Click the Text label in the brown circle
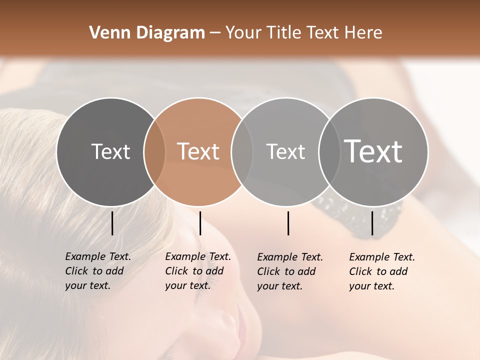pyautogui.click(x=198, y=151)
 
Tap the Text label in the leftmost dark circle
pyautogui.click(x=110, y=151)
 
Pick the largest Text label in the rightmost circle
pyautogui.click(x=373, y=151)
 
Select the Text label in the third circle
pyautogui.click(x=285, y=151)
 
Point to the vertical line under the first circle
pyautogui.click(x=112, y=223)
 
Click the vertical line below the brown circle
pyautogui.click(x=200, y=223)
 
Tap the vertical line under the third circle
pyautogui.click(x=288, y=223)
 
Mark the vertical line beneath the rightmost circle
pyautogui.click(x=372, y=223)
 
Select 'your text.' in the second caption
pyautogui.click(x=187, y=285)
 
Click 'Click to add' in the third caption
pyautogui.click(x=286, y=271)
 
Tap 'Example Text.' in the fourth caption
pyautogui.click(x=382, y=257)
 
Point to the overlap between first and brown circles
pyautogui.click(x=154, y=152)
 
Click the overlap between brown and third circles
pyautogui.click(x=242, y=152)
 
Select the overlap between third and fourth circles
pyautogui.click(x=328, y=152)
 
